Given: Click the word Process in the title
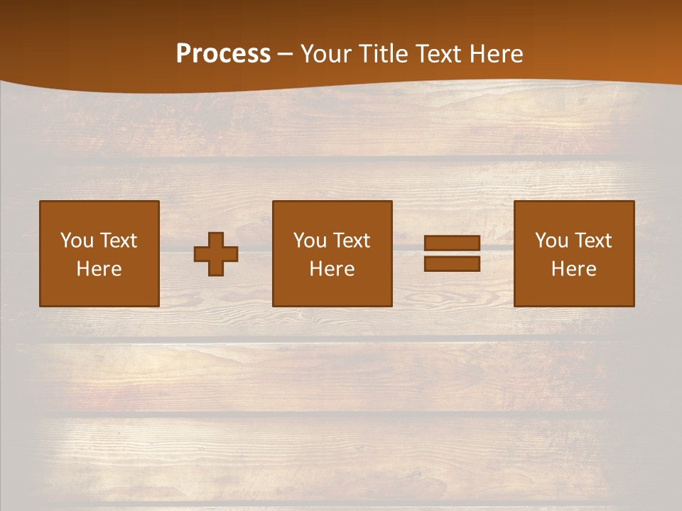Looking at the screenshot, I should coord(223,54).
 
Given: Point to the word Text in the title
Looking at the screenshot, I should coord(440,54).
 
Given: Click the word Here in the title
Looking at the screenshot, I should coord(497,54).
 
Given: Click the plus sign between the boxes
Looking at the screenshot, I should coord(216,254).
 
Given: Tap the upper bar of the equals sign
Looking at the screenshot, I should coord(452,243).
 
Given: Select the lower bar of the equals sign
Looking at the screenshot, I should coord(452,263).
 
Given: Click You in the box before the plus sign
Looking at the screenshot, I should coord(77,241).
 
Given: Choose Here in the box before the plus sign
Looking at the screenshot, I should coord(99,269).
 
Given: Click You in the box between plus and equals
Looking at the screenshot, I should coord(310,241).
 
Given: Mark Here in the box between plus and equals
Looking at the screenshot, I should coord(332,269).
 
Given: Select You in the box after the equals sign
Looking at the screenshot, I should coord(551,241).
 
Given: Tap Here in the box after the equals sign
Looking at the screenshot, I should coord(573,269).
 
